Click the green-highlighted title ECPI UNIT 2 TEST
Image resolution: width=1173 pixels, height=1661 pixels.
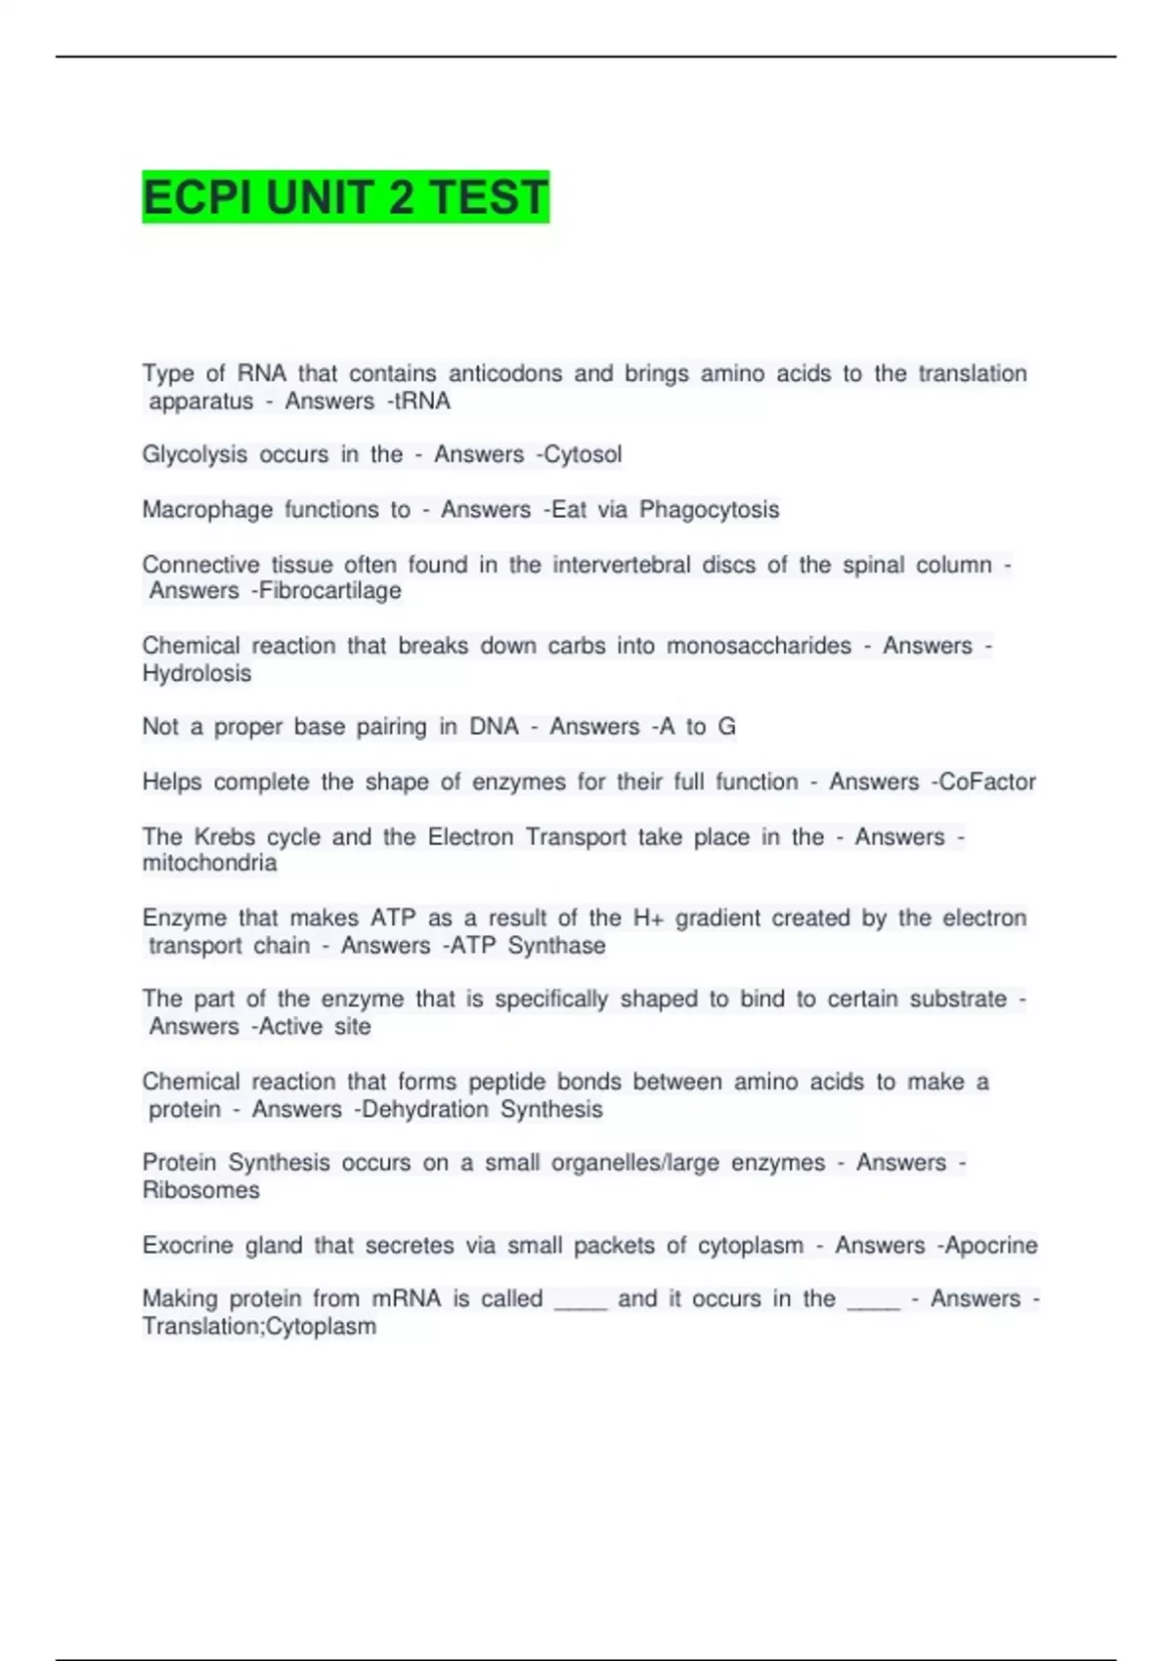point(345,197)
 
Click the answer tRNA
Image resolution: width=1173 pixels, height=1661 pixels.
point(422,401)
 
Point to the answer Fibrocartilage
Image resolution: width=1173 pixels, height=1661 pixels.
point(330,590)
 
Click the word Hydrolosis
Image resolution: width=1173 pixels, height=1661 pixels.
point(196,673)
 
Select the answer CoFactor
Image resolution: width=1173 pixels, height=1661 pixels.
point(987,782)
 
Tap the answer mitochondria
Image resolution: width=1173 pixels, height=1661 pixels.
point(209,863)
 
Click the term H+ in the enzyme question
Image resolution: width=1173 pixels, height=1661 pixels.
point(648,917)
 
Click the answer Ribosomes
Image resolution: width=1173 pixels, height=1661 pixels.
point(200,1190)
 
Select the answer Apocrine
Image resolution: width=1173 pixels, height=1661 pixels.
point(991,1245)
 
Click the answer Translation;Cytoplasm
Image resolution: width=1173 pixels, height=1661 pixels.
point(259,1326)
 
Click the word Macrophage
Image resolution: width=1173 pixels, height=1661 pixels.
point(207,509)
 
